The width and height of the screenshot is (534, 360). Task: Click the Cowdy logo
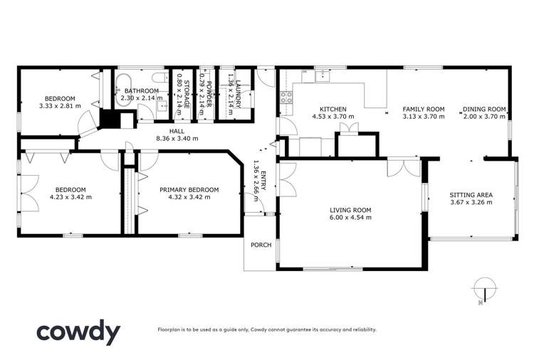click(78, 332)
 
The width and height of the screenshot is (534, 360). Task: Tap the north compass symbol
click(483, 287)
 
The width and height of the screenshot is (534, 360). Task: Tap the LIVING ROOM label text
click(350, 210)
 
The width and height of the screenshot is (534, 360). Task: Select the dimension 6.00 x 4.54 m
click(350, 218)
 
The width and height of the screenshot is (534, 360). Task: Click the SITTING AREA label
click(471, 194)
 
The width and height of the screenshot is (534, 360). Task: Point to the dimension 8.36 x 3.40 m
click(176, 139)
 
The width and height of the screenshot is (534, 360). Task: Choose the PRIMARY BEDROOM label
click(189, 189)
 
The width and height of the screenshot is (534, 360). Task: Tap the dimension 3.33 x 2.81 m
click(60, 106)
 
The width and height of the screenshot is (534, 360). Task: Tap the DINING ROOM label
click(484, 109)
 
